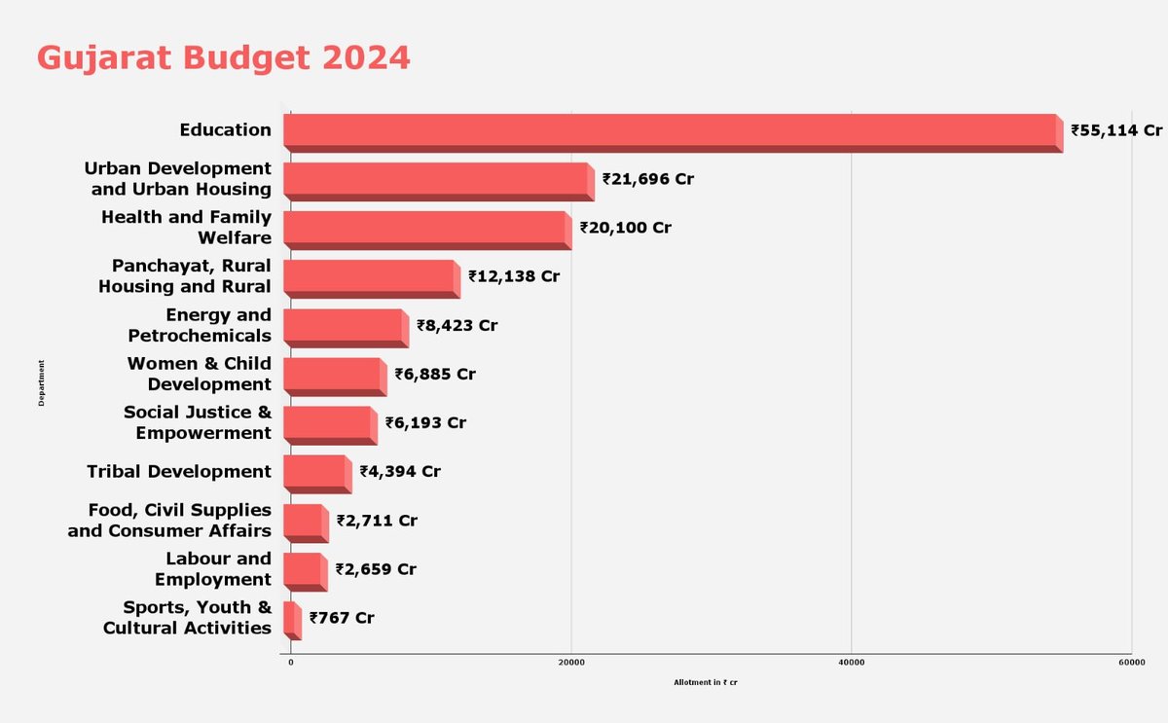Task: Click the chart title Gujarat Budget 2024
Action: point(223,58)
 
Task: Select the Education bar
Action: point(674,133)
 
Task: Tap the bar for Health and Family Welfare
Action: point(427,231)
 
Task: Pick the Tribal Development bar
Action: point(317,474)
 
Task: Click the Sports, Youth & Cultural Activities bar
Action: point(293,621)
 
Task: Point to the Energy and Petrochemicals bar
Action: point(347,328)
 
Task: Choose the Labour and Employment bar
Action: point(306,572)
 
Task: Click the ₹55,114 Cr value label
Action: point(1116,130)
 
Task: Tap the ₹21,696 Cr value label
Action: point(648,179)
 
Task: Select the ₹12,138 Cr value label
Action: point(514,276)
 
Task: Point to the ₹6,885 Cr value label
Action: point(435,375)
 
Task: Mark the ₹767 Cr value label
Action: point(342,618)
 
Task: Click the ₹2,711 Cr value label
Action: point(377,521)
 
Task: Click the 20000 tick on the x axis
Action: point(571,663)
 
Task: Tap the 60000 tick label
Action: point(1132,663)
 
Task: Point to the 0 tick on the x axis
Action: point(291,663)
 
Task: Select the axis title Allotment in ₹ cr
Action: point(706,682)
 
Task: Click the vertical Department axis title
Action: point(41,382)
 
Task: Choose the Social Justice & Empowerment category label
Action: point(198,422)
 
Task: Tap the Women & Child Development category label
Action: point(200,374)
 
